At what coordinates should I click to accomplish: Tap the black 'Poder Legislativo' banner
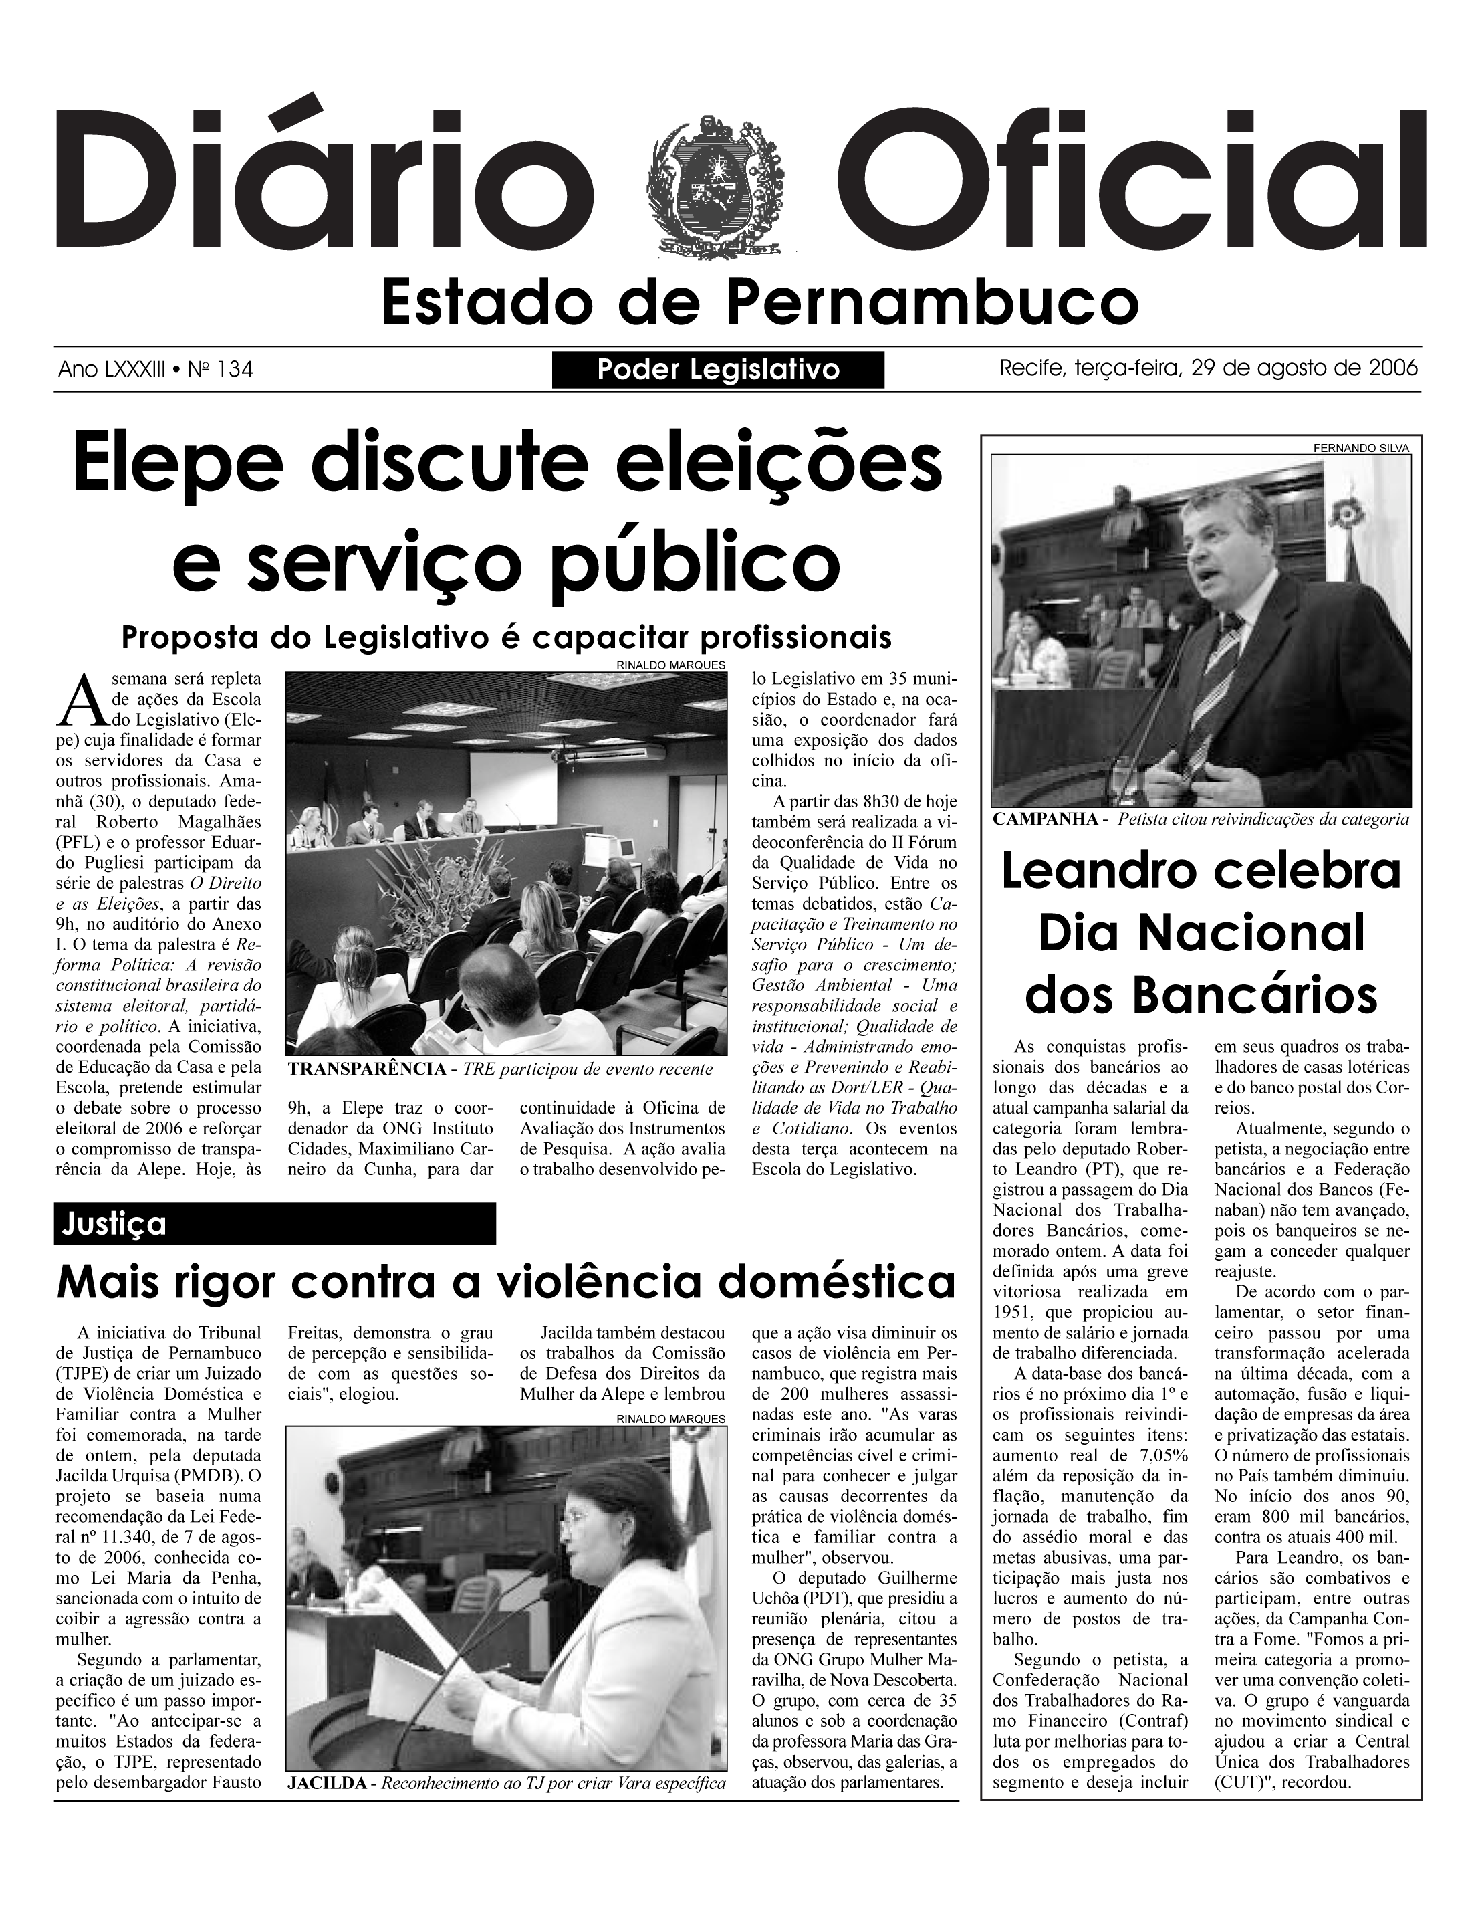click(x=718, y=369)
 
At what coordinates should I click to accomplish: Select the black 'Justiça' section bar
click(x=275, y=1224)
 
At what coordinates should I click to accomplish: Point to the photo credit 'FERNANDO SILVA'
click(x=1361, y=447)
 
